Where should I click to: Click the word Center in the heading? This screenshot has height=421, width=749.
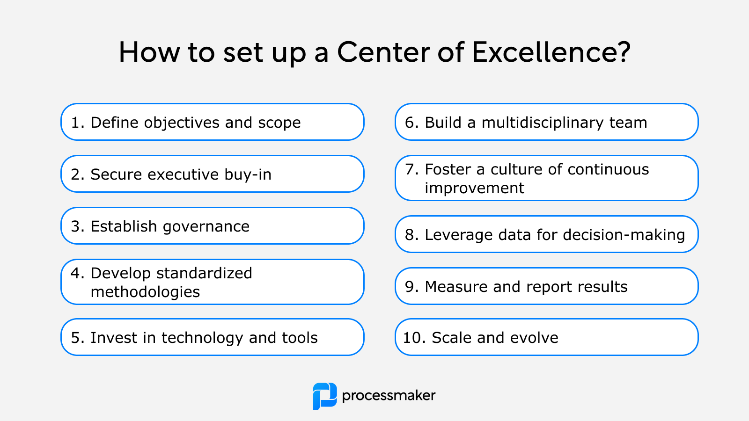click(383, 52)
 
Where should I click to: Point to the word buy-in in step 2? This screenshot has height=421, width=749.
click(248, 175)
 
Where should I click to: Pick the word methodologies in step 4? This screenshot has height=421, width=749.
click(145, 292)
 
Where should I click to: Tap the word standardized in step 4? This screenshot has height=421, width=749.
click(204, 273)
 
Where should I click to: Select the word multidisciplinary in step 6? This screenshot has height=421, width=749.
click(543, 123)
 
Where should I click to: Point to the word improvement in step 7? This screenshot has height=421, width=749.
click(475, 188)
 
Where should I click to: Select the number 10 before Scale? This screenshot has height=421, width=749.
click(414, 338)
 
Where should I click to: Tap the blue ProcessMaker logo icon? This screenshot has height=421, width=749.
click(325, 396)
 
